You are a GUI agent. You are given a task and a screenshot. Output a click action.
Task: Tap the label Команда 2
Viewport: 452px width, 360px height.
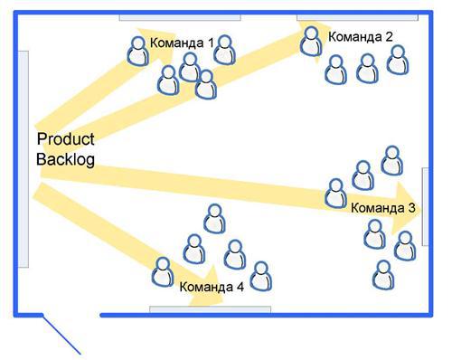pos(361,37)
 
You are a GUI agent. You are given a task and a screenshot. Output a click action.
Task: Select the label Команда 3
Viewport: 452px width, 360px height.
pos(382,208)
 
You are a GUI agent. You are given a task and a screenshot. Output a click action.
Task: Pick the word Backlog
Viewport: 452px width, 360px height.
pos(64,159)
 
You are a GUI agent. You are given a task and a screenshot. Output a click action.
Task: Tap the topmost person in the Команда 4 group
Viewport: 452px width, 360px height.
pos(214,218)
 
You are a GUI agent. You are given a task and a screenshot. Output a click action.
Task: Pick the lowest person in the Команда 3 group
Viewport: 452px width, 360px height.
pos(383,274)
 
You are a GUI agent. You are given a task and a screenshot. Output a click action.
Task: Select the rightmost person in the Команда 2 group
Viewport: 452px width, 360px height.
pos(397,60)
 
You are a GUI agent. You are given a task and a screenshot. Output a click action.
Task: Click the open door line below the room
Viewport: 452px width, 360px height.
pos(63,335)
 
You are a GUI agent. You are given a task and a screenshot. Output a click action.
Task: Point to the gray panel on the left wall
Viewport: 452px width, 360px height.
pos(25,158)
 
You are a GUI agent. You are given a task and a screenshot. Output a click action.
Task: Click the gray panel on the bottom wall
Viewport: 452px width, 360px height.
pos(210,309)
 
